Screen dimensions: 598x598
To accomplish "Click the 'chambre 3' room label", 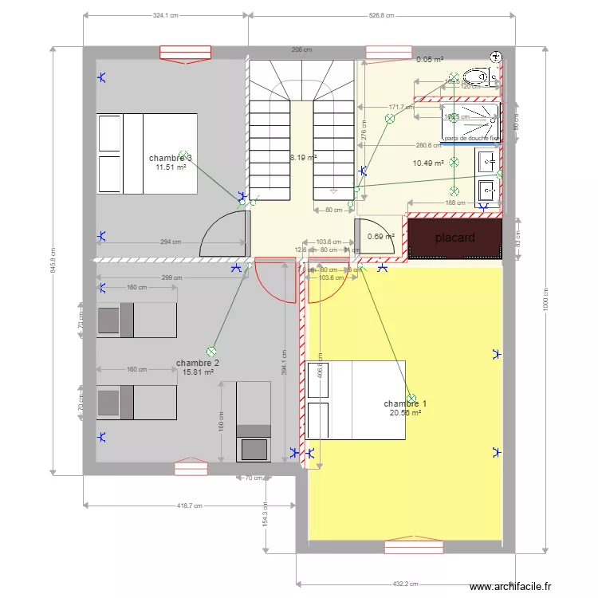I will pos(170,158).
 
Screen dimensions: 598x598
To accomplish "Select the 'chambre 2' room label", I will pos(198,363).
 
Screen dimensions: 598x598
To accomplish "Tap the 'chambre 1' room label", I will pos(405,403).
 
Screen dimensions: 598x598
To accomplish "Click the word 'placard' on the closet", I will pos(455,238).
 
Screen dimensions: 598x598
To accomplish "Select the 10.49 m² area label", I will pos(428,163).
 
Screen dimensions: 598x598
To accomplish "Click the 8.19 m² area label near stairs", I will pos(303,158).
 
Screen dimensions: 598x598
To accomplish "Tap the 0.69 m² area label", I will pos(381,236).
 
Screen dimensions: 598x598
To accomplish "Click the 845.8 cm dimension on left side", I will pos(53,257).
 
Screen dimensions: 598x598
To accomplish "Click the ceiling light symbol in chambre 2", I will pos(211,351).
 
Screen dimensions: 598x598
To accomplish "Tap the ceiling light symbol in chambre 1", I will pos(411,398).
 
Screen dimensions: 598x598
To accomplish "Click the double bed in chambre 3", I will pos(147,153).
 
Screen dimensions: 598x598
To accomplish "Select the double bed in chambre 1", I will pos(356,399).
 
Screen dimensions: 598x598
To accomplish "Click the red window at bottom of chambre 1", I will pos(412,547).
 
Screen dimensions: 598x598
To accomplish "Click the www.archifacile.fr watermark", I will pos(510,588).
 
